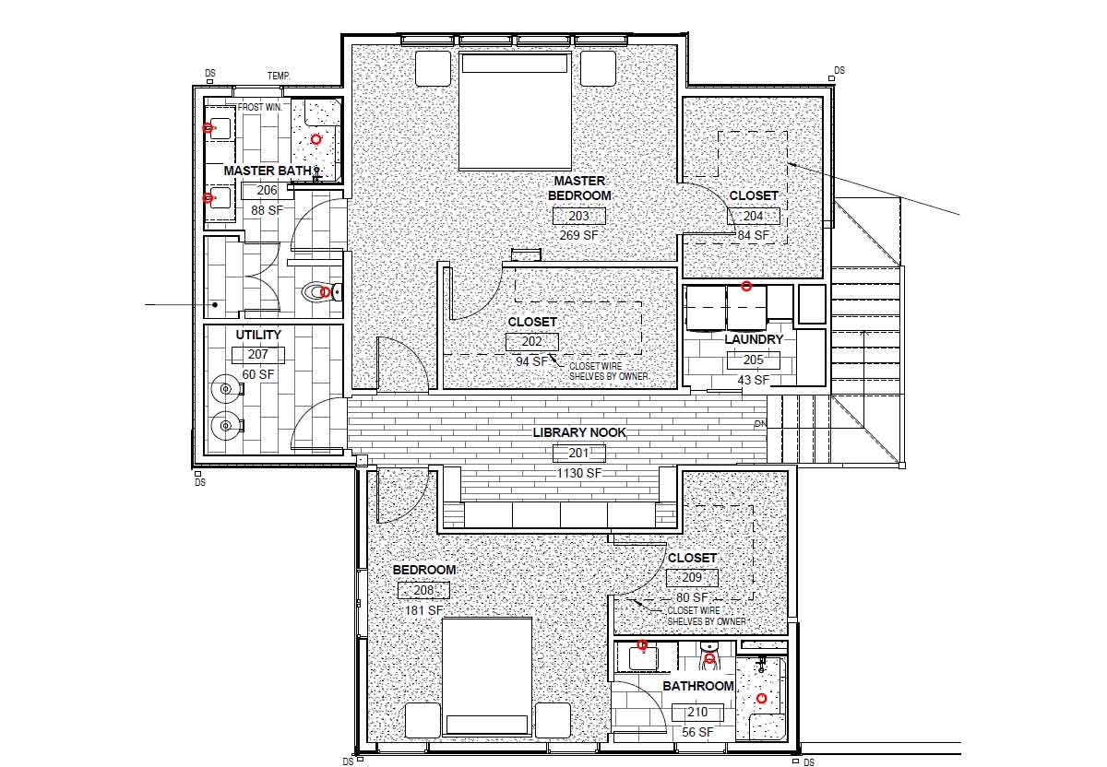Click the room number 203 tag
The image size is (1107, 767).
(578, 216)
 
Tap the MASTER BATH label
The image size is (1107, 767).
(268, 171)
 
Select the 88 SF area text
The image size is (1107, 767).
(267, 210)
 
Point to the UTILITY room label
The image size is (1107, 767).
(258, 335)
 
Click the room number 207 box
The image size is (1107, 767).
(258, 355)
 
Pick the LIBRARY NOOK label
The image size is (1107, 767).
(579, 432)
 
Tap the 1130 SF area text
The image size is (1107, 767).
(579, 473)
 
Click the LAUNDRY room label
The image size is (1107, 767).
(754, 339)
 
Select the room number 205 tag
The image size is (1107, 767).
(753, 360)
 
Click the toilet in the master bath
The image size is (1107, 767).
(321, 292)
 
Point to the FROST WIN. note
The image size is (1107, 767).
(259, 107)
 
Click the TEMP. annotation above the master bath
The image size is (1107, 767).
(279, 77)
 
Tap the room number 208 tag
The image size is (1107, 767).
(423, 590)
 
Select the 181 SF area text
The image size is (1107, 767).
(423, 610)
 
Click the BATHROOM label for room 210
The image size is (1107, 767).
(697, 686)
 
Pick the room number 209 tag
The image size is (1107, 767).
(692, 578)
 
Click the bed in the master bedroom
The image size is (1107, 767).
(515, 112)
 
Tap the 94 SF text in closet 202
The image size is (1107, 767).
(531, 361)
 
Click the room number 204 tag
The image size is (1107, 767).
(753, 216)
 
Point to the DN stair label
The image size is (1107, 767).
(760, 424)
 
